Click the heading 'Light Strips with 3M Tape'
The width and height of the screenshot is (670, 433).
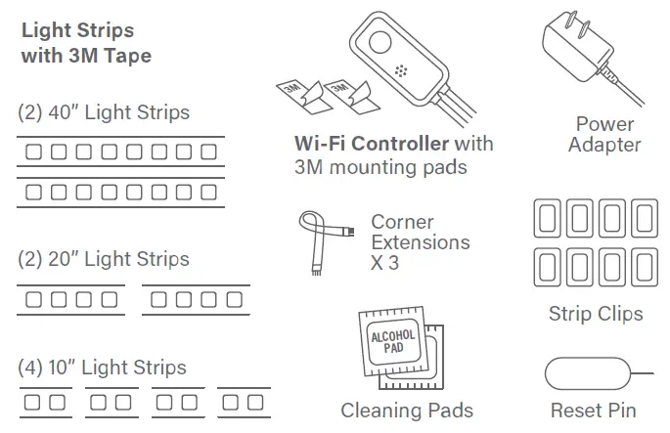point(86,43)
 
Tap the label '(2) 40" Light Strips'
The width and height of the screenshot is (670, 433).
point(104,112)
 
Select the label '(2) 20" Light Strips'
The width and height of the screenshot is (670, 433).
point(104,259)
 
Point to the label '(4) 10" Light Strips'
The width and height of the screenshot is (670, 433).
point(102,368)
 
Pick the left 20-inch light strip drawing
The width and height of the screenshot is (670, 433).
point(71,299)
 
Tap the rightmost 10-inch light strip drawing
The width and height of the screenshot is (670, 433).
point(244,402)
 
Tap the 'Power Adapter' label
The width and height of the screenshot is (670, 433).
point(604,135)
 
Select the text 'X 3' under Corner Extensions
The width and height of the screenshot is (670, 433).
point(384,263)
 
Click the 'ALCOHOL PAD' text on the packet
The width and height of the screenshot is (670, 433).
point(392,342)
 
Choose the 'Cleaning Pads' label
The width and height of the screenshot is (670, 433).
point(406,411)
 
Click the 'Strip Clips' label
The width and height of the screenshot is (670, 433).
point(596,314)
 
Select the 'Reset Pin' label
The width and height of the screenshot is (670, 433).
point(593,411)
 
